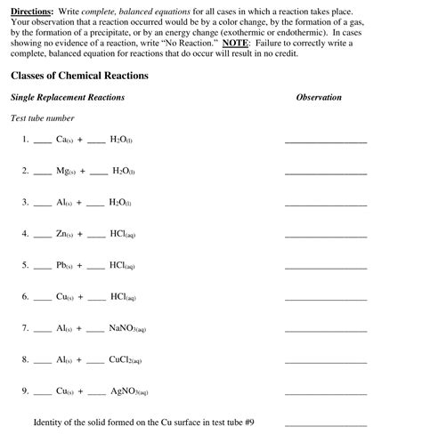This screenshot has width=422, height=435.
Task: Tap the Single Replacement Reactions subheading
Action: (68, 98)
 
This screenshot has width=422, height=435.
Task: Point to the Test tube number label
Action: (42, 118)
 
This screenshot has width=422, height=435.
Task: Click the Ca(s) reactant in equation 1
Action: (65, 140)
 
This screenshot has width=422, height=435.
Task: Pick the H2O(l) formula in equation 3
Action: (120, 202)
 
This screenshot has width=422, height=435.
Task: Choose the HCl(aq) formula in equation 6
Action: (123, 296)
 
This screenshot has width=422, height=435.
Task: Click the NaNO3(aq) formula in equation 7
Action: (127, 328)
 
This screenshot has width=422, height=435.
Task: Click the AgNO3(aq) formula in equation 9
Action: (129, 391)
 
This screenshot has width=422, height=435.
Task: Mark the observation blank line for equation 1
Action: (325, 142)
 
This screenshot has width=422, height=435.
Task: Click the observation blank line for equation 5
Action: (325, 268)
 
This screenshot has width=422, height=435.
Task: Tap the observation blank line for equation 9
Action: (325, 393)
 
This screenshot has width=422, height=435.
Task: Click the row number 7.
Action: (25, 328)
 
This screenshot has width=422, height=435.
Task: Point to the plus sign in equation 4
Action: (79, 234)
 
